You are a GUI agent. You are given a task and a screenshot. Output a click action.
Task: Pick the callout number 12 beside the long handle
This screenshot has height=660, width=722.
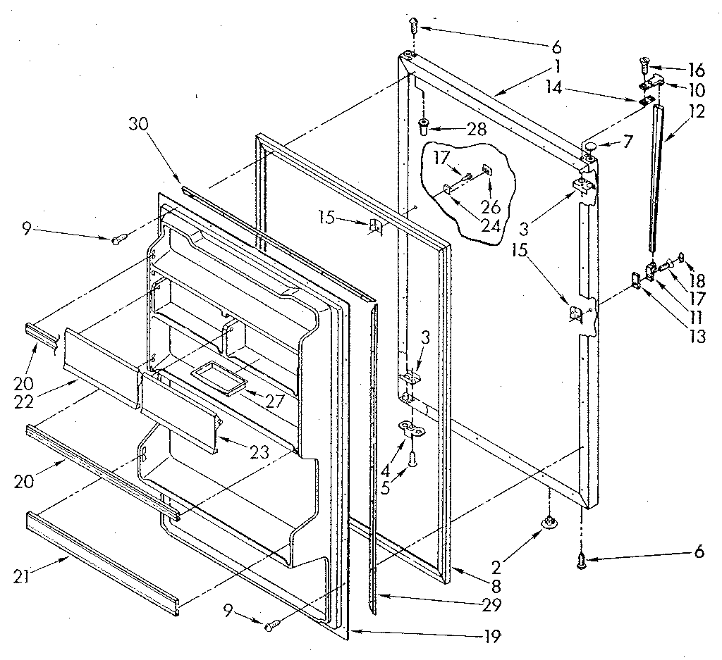(698, 113)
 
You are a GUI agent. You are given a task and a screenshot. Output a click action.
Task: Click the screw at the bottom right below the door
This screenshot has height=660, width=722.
(582, 561)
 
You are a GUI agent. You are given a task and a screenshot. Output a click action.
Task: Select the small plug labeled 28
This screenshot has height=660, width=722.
(424, 127)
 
